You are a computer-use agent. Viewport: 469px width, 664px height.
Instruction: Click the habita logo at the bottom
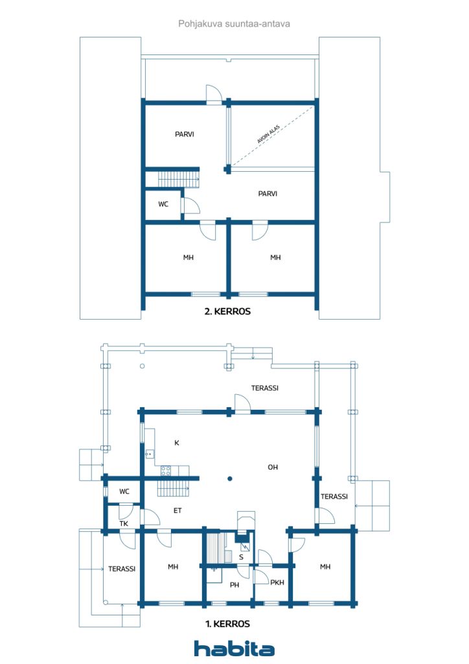coord(234,648)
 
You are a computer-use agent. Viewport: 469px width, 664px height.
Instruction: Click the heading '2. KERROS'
coord(227,312)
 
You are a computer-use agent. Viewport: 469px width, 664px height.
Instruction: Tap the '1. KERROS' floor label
coord(227,624)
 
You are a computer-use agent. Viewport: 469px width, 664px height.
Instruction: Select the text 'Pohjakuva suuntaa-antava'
coord(234,24)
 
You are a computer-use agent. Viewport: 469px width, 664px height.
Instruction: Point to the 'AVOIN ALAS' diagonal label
coord(269,134)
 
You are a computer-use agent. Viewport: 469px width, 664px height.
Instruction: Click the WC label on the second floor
coord(163,204)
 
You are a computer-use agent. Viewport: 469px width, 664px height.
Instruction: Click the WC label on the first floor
coord(124,492)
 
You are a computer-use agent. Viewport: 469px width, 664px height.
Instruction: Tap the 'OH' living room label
coord(273,467)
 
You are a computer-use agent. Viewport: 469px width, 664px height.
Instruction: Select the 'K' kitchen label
coord(177,443)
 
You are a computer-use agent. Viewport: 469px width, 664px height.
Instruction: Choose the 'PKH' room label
coord(277,583)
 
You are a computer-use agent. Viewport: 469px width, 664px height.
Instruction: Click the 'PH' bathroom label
coord(234,585)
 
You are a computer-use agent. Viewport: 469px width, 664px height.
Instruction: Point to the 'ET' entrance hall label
coord(177,511)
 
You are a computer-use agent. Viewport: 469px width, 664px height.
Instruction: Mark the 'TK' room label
coord(124,524)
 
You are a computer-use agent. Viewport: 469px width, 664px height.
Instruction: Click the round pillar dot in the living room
coord(229,479)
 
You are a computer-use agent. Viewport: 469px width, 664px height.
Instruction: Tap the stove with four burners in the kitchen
coord(166,471)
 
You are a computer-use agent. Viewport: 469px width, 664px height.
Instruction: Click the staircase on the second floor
coord(179,178)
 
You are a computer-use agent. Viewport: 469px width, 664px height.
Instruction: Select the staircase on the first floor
coord(174,488)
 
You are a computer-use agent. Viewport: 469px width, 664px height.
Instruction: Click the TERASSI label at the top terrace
coord(265,388)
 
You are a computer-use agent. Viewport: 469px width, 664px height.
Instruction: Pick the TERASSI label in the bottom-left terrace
coord(122,569)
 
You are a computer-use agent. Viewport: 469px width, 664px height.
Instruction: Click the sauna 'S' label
coord(241,557)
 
